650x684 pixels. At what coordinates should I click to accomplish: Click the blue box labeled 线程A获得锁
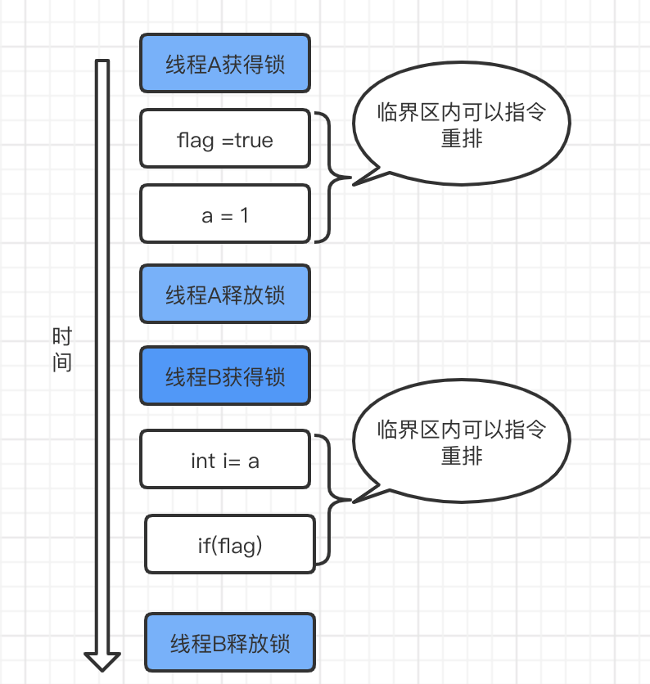pyautogui.click(x=225, y=63)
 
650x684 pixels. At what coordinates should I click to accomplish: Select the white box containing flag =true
pyautogui.click(x=225, y=138)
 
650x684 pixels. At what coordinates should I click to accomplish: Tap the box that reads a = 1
pyautogui.click(x=225, y=214)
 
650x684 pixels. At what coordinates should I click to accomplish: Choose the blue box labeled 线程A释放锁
pyautogui.click(x=225, y=293)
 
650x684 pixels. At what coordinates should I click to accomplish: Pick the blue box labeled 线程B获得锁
pyautogui.click(x=225, y=376)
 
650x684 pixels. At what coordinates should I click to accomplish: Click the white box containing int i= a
pyautogui.click(x=225, y=460)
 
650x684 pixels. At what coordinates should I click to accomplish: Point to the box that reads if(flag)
pyautogui.click(x=230, y=544)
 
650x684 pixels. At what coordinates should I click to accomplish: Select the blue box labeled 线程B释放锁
pyautogui.click(x=230, y=641)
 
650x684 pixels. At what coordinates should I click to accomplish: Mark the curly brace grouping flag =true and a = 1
pyautogui.click(x=327, y=177)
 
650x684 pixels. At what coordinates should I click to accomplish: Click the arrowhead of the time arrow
pyautogui.click(x=102, y=659)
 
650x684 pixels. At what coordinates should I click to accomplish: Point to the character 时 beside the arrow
pyautogui.click(x=62, y=336)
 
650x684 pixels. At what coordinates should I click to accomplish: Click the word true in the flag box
pyautogui.click(x=254, y=140)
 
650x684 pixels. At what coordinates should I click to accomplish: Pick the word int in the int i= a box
pyautogui.click(x=203, y=461)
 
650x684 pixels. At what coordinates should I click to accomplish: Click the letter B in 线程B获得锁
pyautogui.click(x=214, y=376)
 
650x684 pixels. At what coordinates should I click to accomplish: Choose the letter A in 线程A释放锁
pyautogui.click(x=214, y=294)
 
